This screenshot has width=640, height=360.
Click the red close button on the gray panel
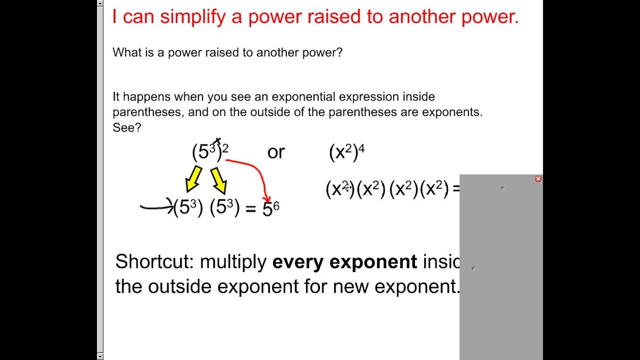point(538,178)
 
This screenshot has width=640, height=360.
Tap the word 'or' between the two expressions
point(276,152)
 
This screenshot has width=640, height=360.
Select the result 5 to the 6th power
point(270,208)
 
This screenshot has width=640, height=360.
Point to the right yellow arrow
point(218,180)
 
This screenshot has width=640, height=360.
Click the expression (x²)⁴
point(346,152)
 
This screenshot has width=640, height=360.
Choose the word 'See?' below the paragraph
point(127,127)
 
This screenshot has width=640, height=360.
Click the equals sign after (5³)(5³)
point(250,208)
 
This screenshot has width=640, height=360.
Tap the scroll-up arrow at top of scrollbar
point(100,3)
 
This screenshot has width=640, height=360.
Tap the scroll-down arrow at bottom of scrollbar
point(100,356)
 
